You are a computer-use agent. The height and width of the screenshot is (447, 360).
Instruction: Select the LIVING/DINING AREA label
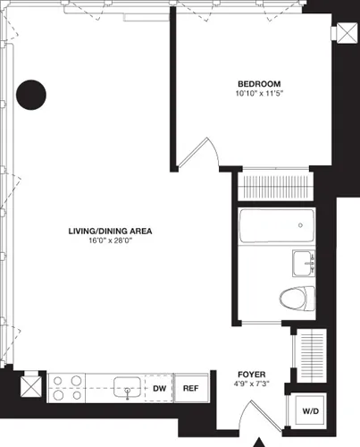pos(111,231)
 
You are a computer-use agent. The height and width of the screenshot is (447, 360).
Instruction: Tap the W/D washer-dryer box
pos(309,411)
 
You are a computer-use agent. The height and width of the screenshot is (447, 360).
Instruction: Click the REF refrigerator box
pos(189,389)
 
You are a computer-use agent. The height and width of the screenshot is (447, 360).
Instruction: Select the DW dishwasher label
pos(158,389)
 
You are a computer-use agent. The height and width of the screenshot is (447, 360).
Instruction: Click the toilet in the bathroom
pos(296,299)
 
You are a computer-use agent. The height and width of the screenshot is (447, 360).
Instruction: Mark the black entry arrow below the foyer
pos(260,442)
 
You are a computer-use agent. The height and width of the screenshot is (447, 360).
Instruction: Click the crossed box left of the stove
pos(29,387)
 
